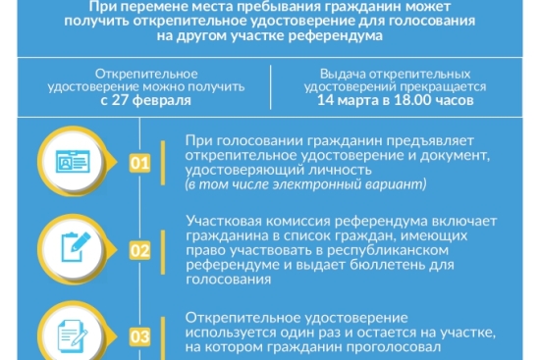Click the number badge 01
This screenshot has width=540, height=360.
[139, 163]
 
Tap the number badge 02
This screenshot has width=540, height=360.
[139, 251]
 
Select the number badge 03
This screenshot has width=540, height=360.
[139, 337]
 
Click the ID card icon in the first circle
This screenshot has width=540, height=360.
[76, 162]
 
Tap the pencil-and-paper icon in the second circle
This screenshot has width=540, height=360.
[76, 250]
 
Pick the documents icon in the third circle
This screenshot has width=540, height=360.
[76, 335]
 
